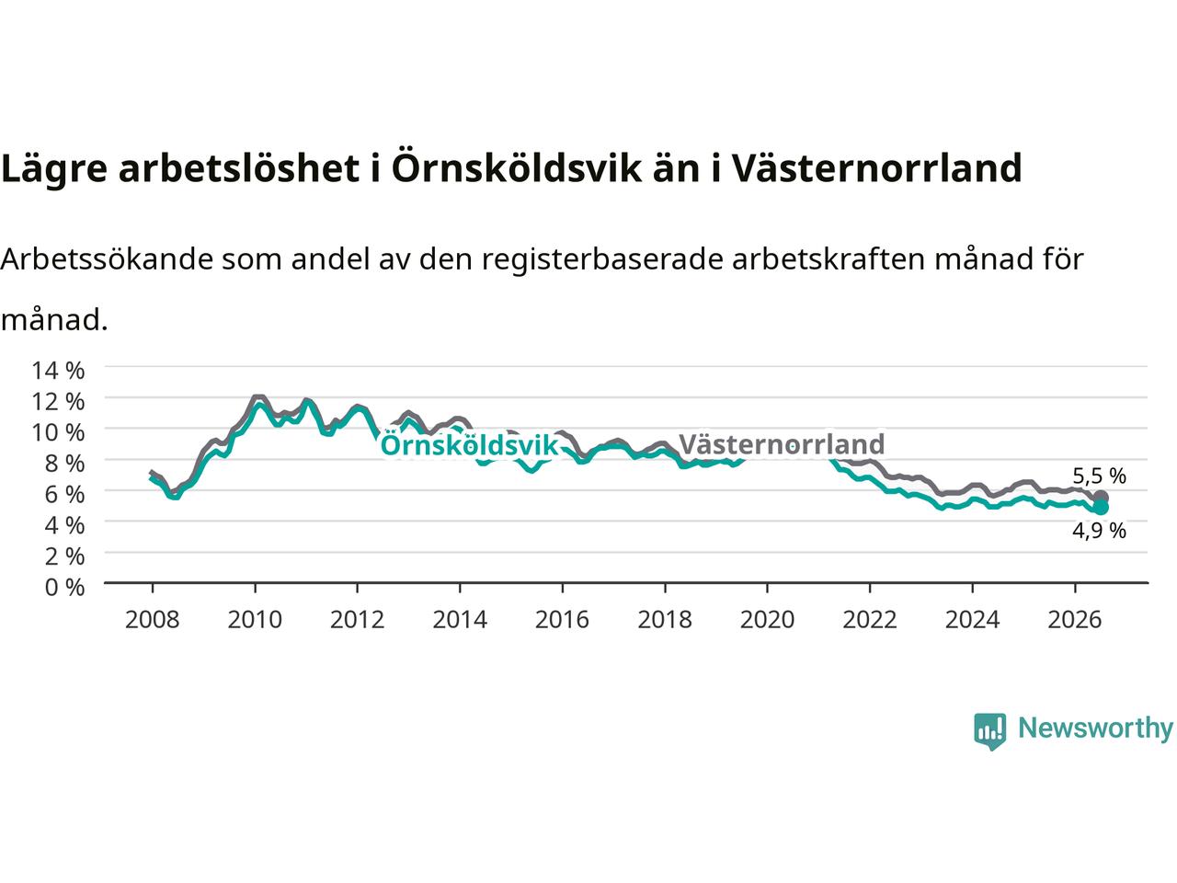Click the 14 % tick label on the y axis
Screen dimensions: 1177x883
coord(58,371)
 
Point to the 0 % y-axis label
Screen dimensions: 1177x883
coord(65,588)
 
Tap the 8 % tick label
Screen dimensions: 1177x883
coord(65,464)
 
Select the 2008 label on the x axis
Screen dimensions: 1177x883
coord(153,620)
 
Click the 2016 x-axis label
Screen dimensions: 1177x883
coord(562,620)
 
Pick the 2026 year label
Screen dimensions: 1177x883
coord(1075,620)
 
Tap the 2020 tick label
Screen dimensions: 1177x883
coord(767,620)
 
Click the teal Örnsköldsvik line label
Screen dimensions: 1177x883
coord(469,445)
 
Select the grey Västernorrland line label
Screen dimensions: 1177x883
coord(782,444)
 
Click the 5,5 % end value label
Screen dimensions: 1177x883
coord(1099,476)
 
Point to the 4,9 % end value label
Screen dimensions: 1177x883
coord(1099,531)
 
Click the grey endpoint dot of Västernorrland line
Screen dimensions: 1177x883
coord(1101,498)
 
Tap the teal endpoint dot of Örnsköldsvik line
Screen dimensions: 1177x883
coord(1101,507)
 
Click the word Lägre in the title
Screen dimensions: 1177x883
coord(54,169)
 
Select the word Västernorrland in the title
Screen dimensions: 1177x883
coord(876,168)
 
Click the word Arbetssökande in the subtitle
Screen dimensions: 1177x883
coord(108,259)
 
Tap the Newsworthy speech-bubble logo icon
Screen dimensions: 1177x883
coord(989,731)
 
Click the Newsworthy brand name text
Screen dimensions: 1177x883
coord(1095,729)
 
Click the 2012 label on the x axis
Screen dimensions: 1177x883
coord(357,620)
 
